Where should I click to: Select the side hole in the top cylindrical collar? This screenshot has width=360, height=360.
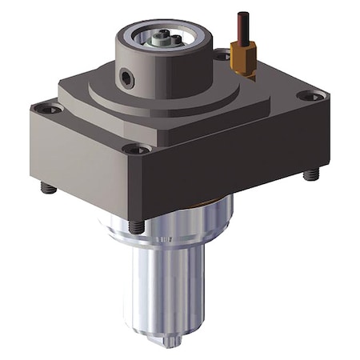coord(127,78)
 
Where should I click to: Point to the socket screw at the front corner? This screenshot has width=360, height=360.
coord(136,150)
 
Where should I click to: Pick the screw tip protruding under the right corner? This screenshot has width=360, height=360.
coord(312,174)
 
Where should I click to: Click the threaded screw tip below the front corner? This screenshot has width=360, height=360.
coord(138,227)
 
